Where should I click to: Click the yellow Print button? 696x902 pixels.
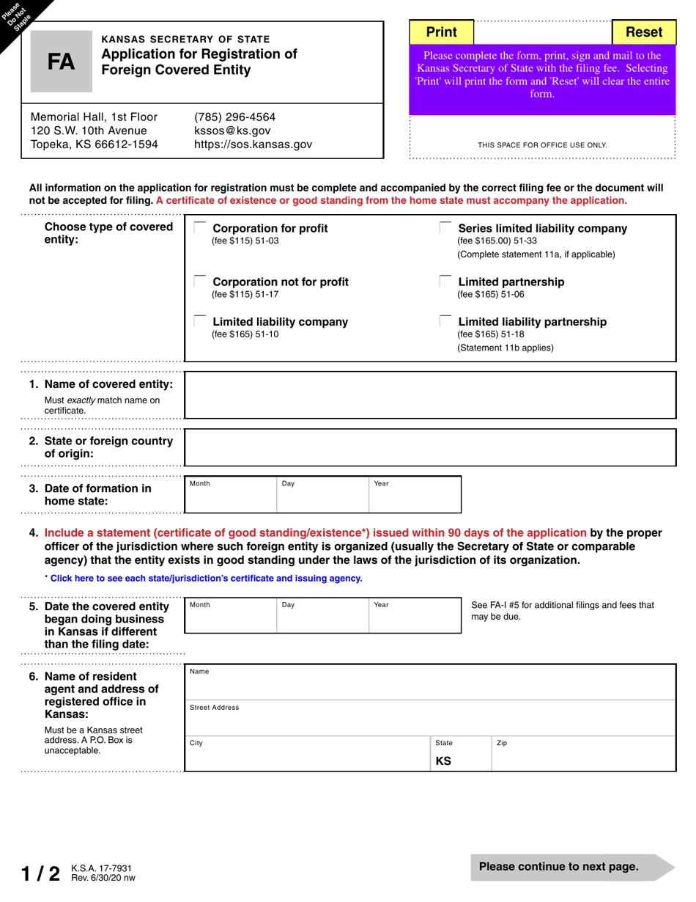point(442,32)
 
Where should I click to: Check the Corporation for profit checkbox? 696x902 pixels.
point(199,227)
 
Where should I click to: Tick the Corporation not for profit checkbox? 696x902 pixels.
point(199,281)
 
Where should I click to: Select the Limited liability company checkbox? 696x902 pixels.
point(199,321)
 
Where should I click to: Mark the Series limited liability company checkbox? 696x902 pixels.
point(445,227)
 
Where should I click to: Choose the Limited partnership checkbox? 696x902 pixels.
point(445,281)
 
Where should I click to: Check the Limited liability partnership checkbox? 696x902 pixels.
point(445,321)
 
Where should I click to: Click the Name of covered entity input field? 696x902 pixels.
point(429,395)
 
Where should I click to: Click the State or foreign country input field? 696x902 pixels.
point(429,447)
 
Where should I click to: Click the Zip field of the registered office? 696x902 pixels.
point(582,754)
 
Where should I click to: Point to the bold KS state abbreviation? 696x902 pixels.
point(443,761)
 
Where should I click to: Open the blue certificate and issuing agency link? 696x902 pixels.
point(206,579)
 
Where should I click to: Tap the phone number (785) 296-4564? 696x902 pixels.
point(234,117)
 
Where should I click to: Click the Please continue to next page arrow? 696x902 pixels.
point(571,867)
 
